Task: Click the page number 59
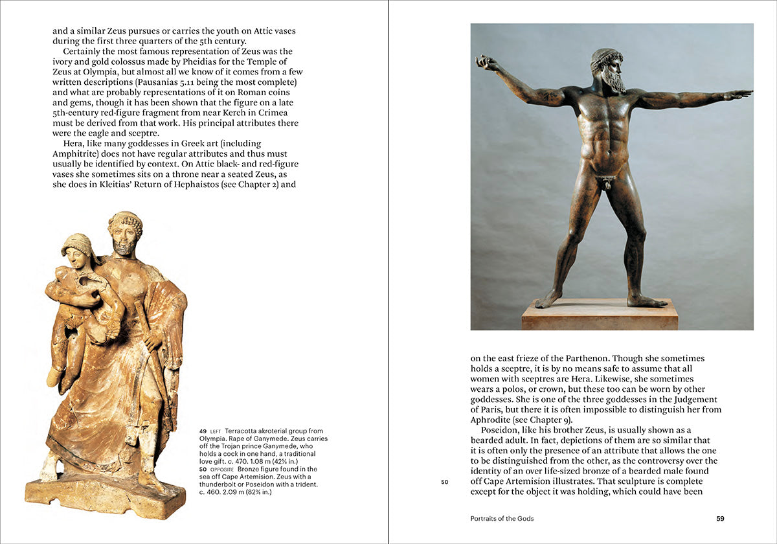(720, 519)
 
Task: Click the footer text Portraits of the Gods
(502, 519)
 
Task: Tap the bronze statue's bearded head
(607, 70)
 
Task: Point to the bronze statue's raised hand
(484, 62)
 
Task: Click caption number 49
(203, 431)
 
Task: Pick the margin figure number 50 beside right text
(444, 482)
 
